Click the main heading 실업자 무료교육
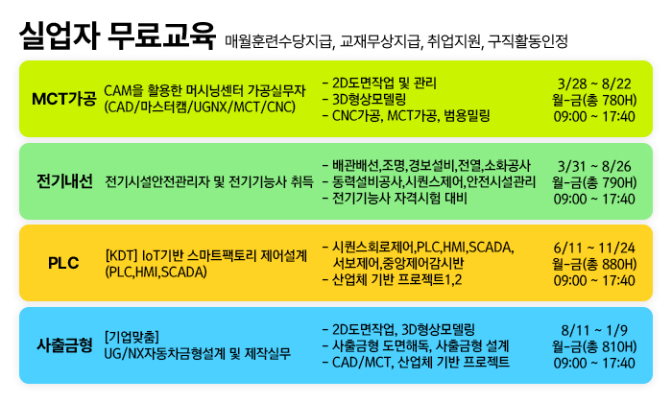[x=117, y=36]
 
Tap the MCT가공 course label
[x=64, y=99]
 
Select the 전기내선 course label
[x=64, y=181]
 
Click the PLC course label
[x=63, y=263]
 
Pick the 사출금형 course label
[x=64, y=345]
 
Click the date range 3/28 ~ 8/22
[x=594, y=83]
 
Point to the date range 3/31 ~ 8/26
[x=594, y=166]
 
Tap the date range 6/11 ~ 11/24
[x=594, y=248]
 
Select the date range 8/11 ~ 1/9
[x=594, y=330]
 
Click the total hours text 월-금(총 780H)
[x=594, y=100]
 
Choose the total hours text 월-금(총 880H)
[x=594, y=264]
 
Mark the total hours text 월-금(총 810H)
[x=594, y=346]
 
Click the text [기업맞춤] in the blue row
[x=132, y=337]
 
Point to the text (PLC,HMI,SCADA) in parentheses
[x=156, y=272]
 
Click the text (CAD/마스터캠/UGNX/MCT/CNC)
[x=200, y=107]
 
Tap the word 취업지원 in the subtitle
[x=454, y=41]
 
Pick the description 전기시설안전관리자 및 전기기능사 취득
[x=209, y=181]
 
